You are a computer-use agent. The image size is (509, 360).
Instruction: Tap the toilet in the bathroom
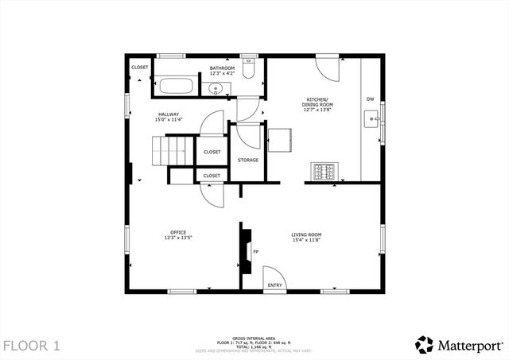click(x=248, y=72)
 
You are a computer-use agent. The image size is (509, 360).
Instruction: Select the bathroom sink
click(x=217, y=89)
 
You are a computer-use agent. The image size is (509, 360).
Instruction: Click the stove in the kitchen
click(x=324, y=171)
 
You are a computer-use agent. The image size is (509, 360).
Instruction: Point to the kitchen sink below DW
click(x=371, y=120)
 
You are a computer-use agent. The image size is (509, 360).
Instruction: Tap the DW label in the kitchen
click(x=370, y=99)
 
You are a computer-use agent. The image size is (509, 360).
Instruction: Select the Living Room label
click(x=306, y=237)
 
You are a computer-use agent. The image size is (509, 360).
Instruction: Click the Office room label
click(x=178, y=234)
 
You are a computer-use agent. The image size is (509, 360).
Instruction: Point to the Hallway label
click(x=169, y=117)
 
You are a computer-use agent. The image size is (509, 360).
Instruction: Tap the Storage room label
click(x=248, y=161)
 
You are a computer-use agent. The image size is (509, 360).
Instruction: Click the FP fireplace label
click(x=255, y=253)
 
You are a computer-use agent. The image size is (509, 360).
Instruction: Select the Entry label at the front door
click(x=274, y=285)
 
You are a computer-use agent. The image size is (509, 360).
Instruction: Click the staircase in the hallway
click(x=173, y=151)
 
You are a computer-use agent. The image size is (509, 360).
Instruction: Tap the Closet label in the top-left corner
click(x=140, y=68)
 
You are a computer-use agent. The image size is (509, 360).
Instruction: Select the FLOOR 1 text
click(x=32, y=345)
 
